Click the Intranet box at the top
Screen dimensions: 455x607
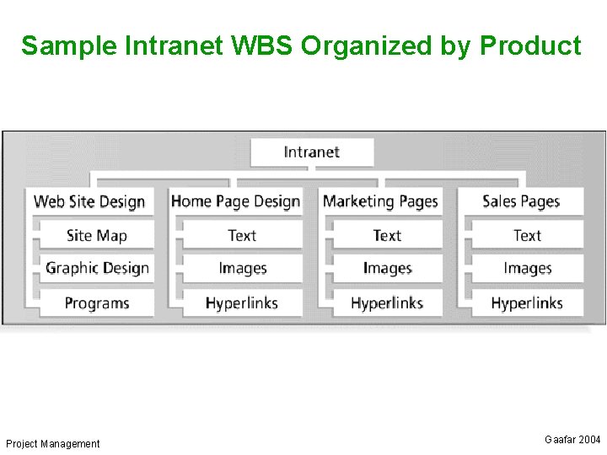pyautogui.click(x=312, y=153)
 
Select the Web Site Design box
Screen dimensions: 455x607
pyautogui.click(x=89, y=201)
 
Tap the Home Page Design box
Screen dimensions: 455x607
pyautogui.click(x=235, y=201)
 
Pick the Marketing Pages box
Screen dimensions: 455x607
pyautogui.click(x=381, y=201)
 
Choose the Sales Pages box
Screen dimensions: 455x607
pyautogui.click(x=521, y=201)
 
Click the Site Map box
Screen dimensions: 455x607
pyautogui.click(x=96, y=235)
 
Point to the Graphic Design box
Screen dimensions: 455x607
pyautogui.click(x=96, y=269)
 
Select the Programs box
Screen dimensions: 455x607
pyautogui.click(x=96, y=302)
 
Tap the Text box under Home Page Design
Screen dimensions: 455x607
pyautogui.click(x=242, y=235)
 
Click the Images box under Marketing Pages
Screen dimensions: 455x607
pyautogui.click(x=387, y=269)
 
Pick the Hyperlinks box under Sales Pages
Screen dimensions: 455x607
pyautogui.click(x=527, y=302)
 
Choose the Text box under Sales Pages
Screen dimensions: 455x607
pyautogui.click(x=527, y=235)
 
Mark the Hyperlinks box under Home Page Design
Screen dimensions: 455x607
pyautogui.click(x=242, y=302)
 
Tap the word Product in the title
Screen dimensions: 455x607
pyautogui.click(x=530, y=45)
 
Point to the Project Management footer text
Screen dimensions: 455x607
pyautogui.click(x=52, y=444)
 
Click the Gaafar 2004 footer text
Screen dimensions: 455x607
pyautogui.click(x=572, y=440)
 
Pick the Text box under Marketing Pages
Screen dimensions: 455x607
pyautogui.click(x=387, y=235)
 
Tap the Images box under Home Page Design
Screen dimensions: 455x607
pyautogui.click(x=242, y=269)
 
